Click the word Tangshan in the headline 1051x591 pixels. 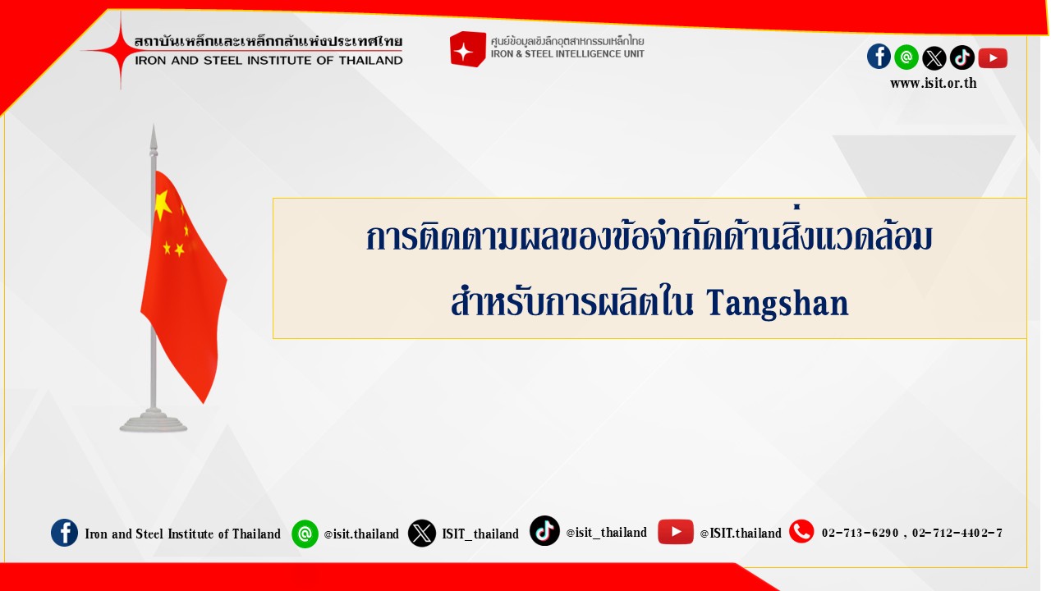778,304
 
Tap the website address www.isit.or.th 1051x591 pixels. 934,83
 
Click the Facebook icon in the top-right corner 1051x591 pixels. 879,57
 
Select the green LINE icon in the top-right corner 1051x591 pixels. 906,57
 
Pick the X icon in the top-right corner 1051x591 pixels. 934,58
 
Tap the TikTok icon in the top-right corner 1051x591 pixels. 962,57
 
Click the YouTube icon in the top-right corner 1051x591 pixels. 993,58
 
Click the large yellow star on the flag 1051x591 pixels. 163,205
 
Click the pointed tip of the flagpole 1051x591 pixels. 154,125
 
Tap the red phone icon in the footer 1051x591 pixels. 801,531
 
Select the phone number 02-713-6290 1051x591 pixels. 860,534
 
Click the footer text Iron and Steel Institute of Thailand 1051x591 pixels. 182,534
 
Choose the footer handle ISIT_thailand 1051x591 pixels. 480,534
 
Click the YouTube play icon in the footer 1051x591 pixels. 676,532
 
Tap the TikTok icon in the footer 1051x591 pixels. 544,531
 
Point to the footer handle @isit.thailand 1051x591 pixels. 361,534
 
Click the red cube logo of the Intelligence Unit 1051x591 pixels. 467,48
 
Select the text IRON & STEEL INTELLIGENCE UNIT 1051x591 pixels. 567,54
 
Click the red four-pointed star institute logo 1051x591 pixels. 121,50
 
